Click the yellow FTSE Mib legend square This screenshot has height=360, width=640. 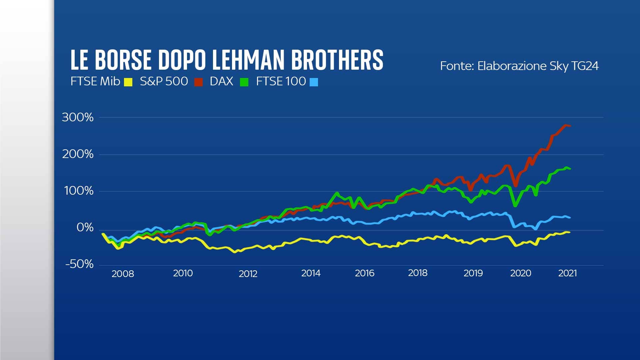128,82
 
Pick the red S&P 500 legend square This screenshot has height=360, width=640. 199,82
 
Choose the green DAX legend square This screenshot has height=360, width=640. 244,82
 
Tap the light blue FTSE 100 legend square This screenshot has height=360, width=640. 314,82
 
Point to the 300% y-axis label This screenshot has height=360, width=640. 78,117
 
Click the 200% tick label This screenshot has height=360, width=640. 78,154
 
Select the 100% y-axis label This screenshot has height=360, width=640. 78,191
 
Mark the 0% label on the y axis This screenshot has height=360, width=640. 85,228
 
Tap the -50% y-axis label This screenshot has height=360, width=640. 79,264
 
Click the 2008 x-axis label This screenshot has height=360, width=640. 123,274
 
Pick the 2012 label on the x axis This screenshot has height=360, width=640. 248,274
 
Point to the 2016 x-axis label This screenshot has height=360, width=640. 364,273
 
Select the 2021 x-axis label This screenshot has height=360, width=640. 567,273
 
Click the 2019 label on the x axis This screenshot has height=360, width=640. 473,273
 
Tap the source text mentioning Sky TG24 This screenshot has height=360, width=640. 519,66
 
